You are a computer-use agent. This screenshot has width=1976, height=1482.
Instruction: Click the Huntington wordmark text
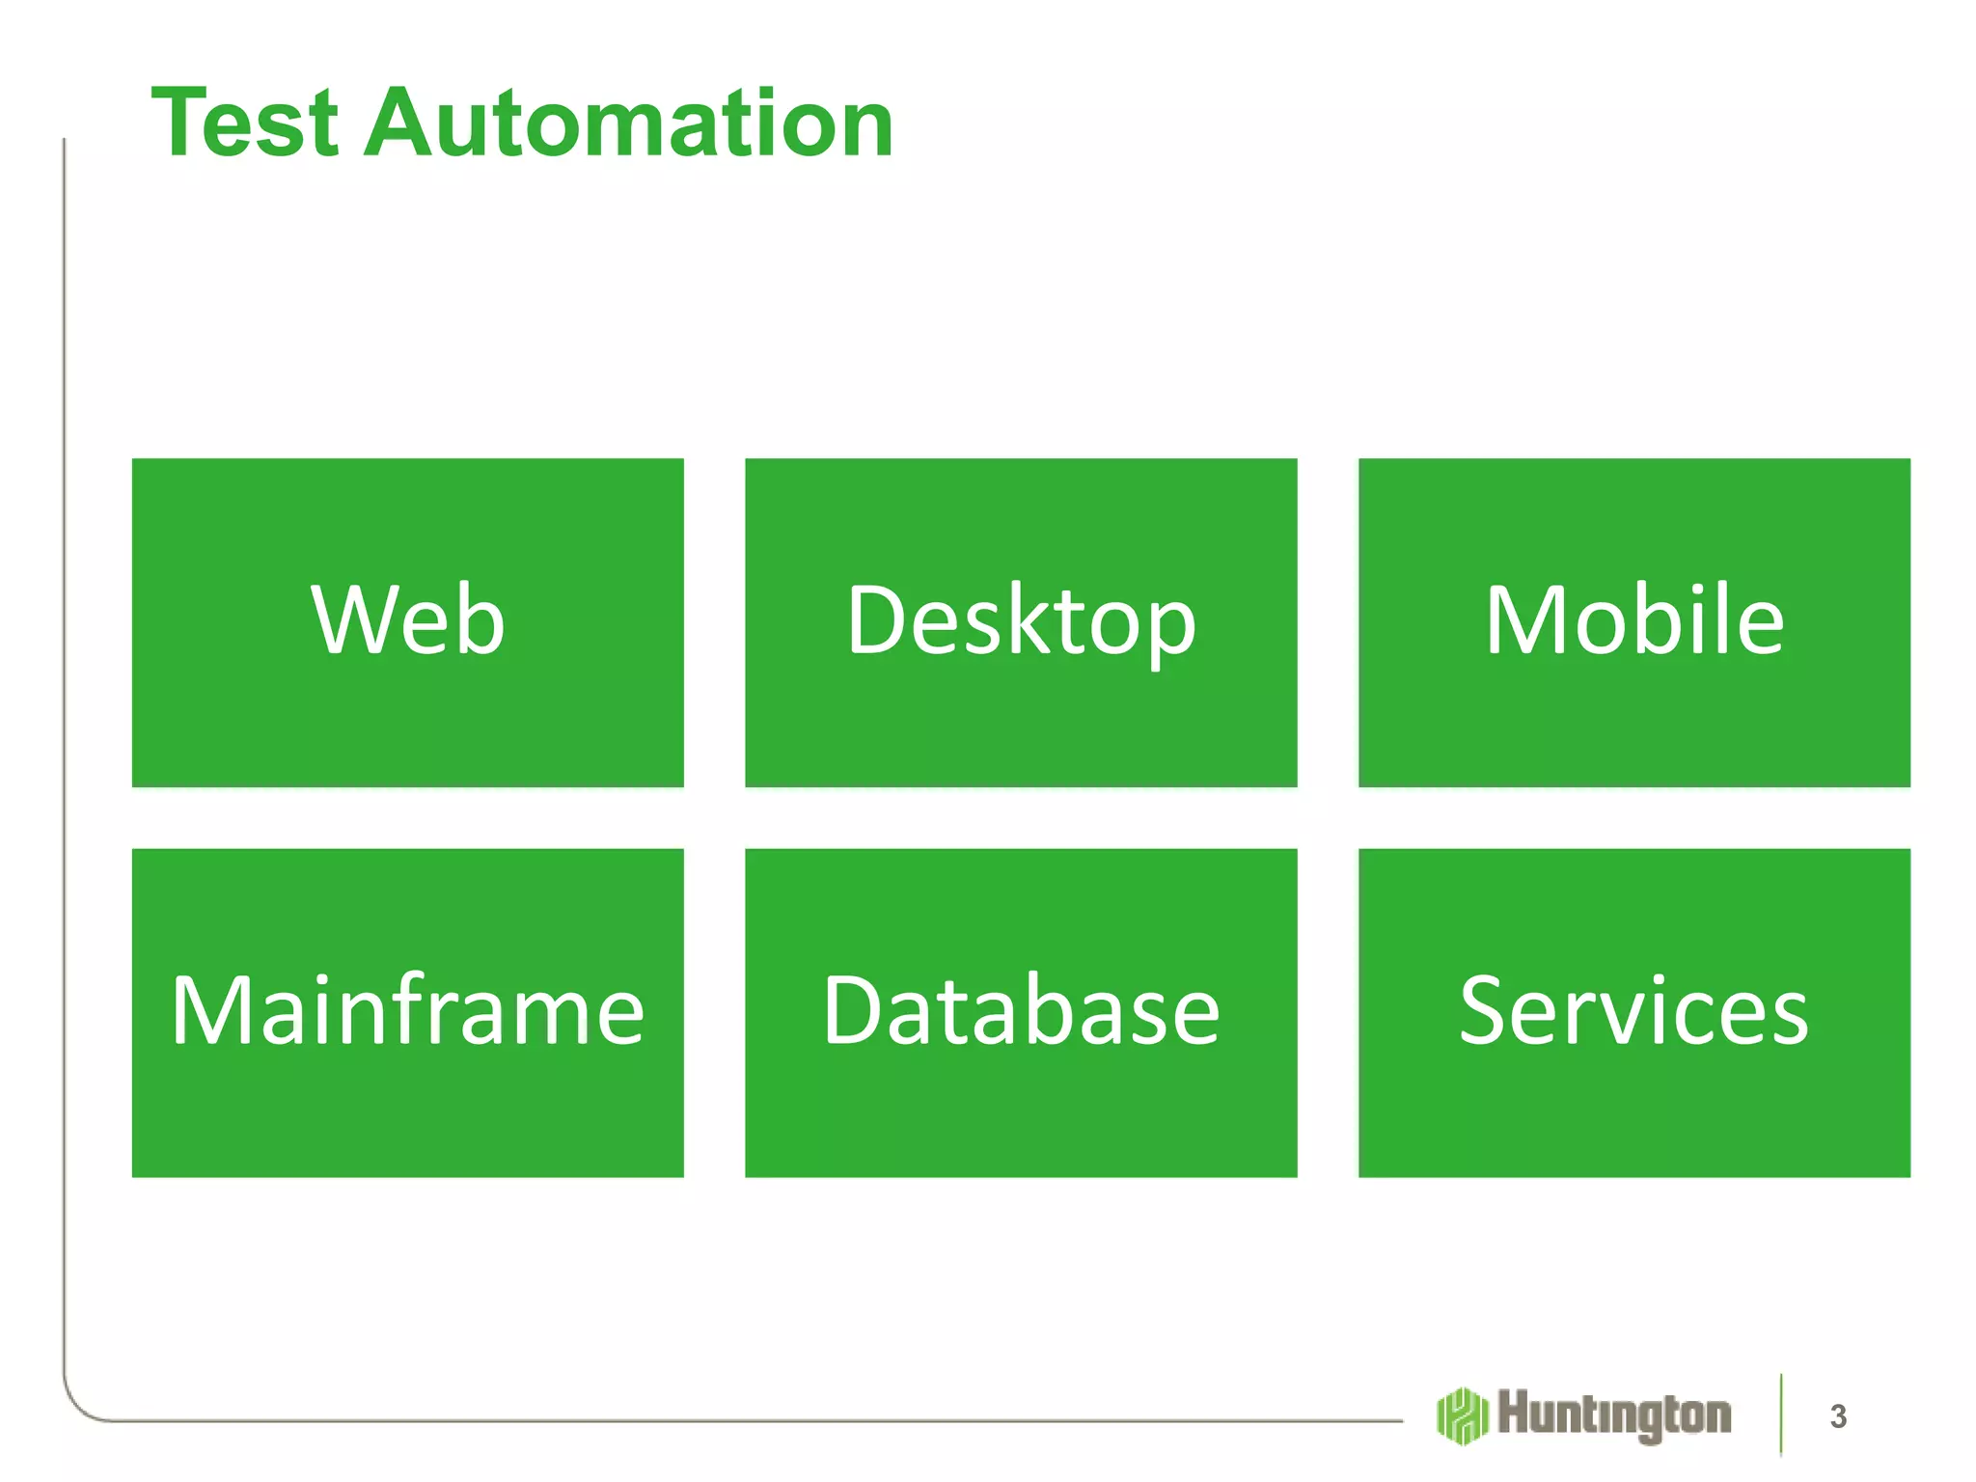click(x=1614, y=1415)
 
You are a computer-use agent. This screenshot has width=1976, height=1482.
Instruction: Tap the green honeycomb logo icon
click(x=1463, y=1415)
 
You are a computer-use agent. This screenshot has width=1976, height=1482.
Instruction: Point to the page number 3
click(x=1838, y=1416)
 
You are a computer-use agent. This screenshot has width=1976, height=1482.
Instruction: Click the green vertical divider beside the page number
click(x=1781, y=1414)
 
